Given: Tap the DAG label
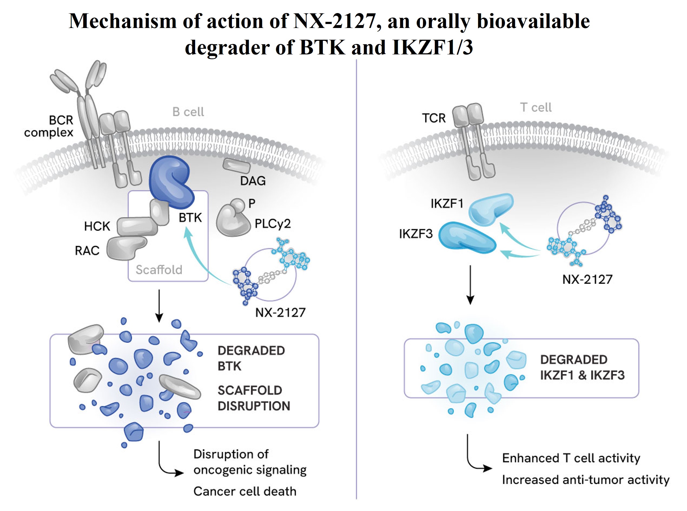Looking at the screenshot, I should click(x=253, y=181).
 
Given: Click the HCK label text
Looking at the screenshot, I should click(x=97, y=226).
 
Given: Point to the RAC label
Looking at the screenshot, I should click(x=87, y=251).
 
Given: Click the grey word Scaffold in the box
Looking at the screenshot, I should click(x=159, y=270).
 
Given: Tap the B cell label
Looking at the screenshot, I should click(x=188, y=112).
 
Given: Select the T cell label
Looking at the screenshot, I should click(x=536, y=107).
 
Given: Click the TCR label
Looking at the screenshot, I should click(x=434, y=118).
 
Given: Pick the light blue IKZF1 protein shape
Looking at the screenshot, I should click(x=490, y=208).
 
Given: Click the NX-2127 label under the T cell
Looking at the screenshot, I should click(x=587, y=279).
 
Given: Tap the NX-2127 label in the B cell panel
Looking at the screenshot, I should click(x=280, y=312).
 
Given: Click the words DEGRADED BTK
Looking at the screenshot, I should click(x=251, y=358).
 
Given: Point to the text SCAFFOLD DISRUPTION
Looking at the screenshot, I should click(x=254, y=398).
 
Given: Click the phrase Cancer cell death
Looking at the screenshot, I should click(x=245, y=491).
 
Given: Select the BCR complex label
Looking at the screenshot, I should click(x=49, y=126).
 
